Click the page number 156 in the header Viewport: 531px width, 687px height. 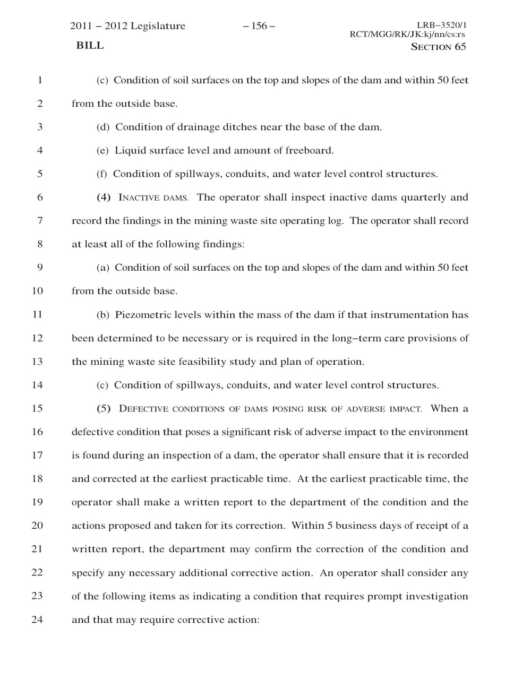tap(259, 26)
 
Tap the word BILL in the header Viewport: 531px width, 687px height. tap(90, 46)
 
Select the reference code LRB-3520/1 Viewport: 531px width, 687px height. tap(441, 25)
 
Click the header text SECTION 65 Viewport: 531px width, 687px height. tap(439, 47)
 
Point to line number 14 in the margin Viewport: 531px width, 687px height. tap(37, 385)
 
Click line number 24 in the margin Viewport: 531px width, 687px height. tap(37, 620)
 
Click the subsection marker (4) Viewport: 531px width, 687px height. tap(104, 197)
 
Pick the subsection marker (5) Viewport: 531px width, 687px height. tap(104, 408)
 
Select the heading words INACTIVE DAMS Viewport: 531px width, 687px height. tap(153, 198)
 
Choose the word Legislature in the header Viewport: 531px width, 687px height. tap(158, 26)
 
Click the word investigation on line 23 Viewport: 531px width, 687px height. tap(436, 596)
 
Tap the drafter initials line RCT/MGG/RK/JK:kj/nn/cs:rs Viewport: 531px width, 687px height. tap(408, 35)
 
